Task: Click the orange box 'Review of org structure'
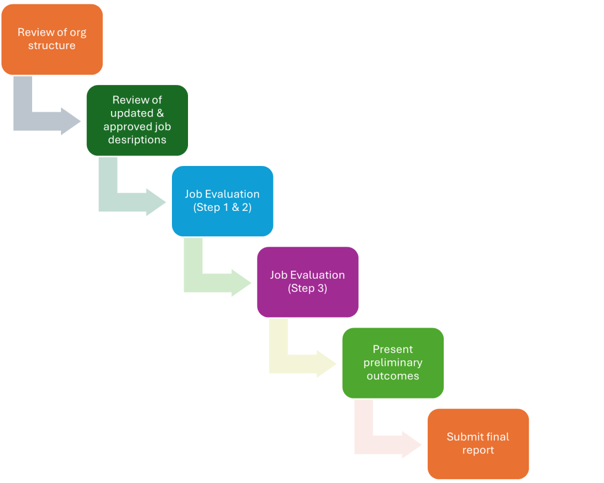click(x=52, y=39)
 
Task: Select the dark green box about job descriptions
click(x=137, y=120)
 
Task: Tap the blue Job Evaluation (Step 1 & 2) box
click(x=222, y=200)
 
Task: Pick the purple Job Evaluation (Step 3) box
click(x=308, y=281)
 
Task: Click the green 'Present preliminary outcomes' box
click(x=393, y=362)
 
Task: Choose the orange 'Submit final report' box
click(x=478, y=443)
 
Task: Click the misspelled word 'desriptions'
click(x=137, y=140)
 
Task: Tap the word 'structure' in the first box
click(x=52, y=46)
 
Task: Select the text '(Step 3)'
click(x=308, y=288)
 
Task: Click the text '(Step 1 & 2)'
click(x=222, y=207)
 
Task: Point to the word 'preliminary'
click(x=393, y=363)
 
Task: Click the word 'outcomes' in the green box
click(x=393, y=376)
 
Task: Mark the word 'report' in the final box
click(x=478, y=450)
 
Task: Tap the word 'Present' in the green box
click(x=393, y=349)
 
